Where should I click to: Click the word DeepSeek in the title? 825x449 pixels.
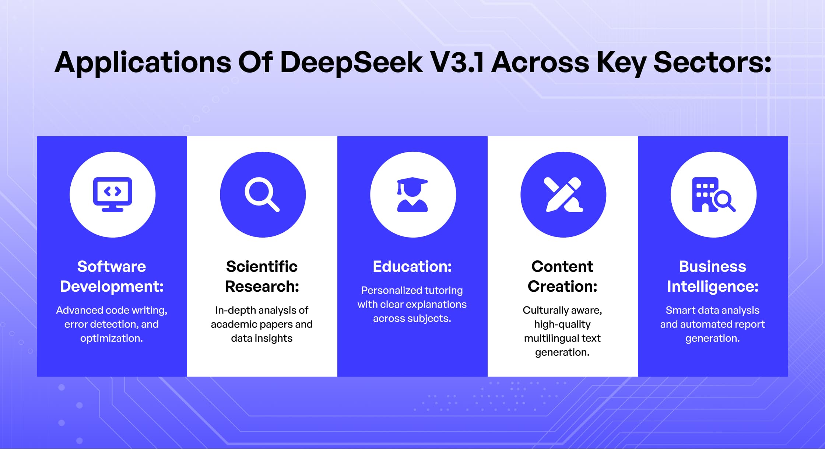[x=351, y=63]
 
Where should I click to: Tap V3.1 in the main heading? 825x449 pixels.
[x=457, y=62]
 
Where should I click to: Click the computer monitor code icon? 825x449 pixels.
[x=112, y=194]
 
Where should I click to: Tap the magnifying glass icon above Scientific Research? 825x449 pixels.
[x=262, y=194]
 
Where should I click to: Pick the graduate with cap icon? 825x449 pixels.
[x=412, y=194]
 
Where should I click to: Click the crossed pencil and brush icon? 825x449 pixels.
[x=563, y=194]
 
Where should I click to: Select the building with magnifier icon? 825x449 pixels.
[x=713, y=194]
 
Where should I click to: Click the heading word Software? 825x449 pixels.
[x=112, y=266]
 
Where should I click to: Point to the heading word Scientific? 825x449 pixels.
[x=262, y=266]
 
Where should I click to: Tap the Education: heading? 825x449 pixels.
[x=412, y=266]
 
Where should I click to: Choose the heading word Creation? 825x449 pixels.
[x=562, y=286]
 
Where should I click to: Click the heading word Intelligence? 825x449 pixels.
[x=713, y=287]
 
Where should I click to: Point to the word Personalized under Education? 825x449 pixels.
[x=386, y=290]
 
